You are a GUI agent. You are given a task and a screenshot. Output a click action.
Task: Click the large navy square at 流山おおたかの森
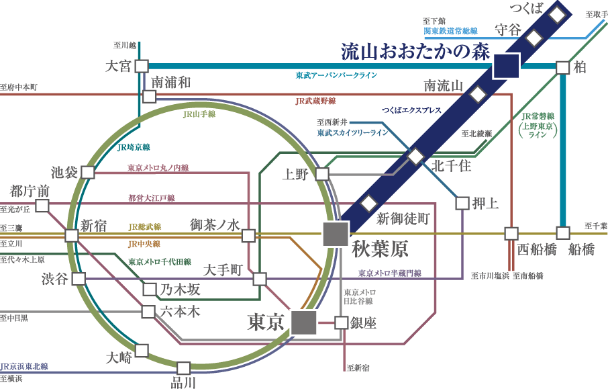pos(506,66)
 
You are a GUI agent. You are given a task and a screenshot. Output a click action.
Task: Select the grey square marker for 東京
pos(304,322)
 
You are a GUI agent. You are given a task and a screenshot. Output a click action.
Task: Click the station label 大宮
pos(120,66)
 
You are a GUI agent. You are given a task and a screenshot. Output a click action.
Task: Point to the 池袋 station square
pos(87,173)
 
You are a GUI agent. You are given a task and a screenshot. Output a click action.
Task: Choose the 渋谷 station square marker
pos(79,279)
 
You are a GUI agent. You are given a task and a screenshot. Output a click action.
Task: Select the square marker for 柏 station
pos(562,67)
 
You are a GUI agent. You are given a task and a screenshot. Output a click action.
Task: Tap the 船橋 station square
pos(563,233)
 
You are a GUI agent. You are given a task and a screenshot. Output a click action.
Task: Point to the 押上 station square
pos(462,202)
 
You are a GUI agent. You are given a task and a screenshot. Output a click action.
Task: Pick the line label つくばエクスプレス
pos(411,109)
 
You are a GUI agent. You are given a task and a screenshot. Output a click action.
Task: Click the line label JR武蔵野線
pos(315,101)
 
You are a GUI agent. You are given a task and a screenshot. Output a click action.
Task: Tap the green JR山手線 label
pos(199,114)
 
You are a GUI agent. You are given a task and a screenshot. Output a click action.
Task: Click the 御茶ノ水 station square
pos(249,235)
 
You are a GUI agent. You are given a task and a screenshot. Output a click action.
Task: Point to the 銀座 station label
pos(363,323)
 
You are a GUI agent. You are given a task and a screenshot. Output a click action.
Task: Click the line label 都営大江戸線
pos(151,198)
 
